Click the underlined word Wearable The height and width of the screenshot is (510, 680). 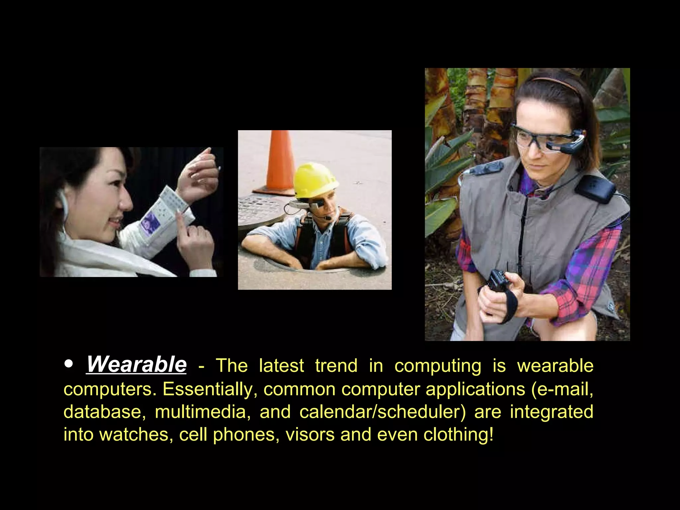point(136,365)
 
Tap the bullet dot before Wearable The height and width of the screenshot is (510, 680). point(68,364)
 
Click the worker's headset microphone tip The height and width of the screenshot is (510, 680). point(328,218)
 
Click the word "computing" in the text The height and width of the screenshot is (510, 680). point(438,366)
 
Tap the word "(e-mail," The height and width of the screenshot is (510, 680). point(562,389)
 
